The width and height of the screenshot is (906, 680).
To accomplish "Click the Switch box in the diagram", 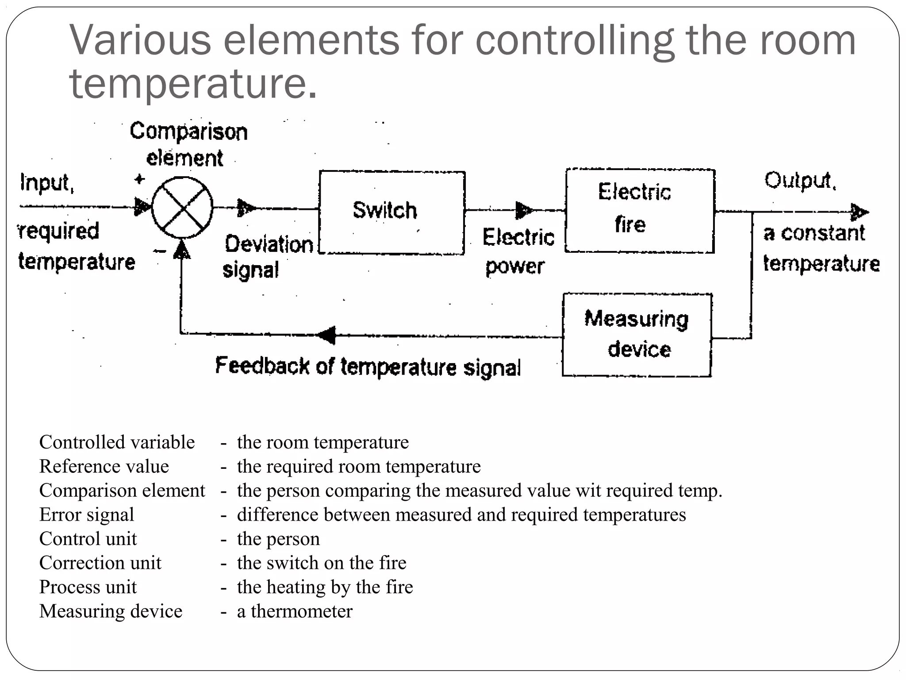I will coord(392,212).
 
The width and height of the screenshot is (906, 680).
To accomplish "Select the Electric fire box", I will coord(640,211).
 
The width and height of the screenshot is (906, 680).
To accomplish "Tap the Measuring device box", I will coord(637,335).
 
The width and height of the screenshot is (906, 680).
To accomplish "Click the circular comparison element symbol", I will coord(182,207).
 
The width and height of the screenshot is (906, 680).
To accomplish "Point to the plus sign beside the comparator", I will coord(139,179).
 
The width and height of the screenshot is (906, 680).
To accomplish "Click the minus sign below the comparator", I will coord(159,251).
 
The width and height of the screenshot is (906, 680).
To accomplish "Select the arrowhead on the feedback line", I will coord(327,335).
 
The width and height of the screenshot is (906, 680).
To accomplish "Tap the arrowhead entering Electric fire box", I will coord(524,210).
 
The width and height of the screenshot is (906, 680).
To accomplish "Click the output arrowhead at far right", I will coord(859,212).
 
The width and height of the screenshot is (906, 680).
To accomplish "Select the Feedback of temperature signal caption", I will coord(368,367).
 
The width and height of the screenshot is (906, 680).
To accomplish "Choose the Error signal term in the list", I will coord(87,515).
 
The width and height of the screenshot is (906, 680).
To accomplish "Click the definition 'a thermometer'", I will coord(295,611).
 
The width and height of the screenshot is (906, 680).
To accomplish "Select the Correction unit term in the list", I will coord(100,563).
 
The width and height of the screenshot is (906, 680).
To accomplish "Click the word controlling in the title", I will coord(574,41).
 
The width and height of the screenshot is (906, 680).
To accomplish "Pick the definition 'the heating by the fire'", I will coord(325,587).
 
